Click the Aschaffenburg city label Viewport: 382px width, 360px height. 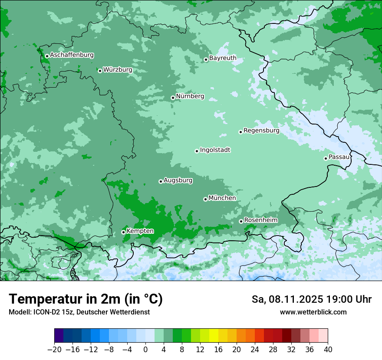[x=72, y=55]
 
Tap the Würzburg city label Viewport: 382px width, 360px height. [x=117, y=70]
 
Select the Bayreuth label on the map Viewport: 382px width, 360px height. [x=223, y=58]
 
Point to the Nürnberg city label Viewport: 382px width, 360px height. [x=190, y=96]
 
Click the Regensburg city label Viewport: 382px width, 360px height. [x=261, y=131]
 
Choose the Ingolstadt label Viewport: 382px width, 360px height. [x=215, y=150]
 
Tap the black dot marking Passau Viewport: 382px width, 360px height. [x=326, y=158]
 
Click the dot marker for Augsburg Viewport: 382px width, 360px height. [x=161, y=181]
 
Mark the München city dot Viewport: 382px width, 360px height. [x=205, y=199]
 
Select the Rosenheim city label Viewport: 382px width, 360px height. [x=260, y=220]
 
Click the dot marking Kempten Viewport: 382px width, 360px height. [x=123, y=232]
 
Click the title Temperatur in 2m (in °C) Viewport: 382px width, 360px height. [x=86, y=299]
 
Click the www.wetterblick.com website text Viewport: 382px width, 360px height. [x=313, y=312]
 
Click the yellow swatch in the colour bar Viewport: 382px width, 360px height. [x=214, y=336]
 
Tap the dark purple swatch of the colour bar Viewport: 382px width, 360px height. [x=59, y=336]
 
